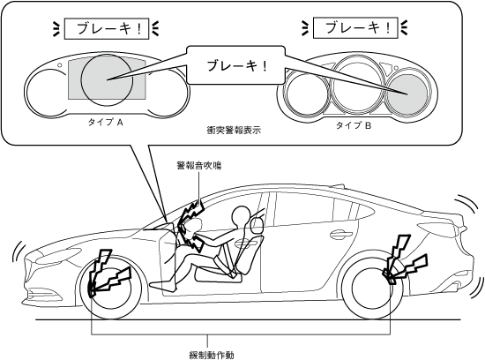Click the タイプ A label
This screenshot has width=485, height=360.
tap(106, 123)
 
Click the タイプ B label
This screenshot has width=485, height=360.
tap(354, 125)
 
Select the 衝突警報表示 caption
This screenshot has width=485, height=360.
tap(234, 130)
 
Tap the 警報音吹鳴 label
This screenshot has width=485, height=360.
tap(199, 166)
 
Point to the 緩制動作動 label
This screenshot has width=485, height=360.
tap(212, 355)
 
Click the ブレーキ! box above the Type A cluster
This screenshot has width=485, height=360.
tap(107, 29)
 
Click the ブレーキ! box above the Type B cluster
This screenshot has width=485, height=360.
tap(355, 28)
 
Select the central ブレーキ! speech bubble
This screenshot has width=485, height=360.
tap(235, 65)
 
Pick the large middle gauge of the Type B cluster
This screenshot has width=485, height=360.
tap(357, 84)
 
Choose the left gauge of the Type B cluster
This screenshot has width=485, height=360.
tap(306, 94)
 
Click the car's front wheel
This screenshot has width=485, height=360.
tap(110, 288)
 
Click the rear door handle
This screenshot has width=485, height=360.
tap(341, 235)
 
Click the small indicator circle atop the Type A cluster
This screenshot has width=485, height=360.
tap(59, 65)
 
